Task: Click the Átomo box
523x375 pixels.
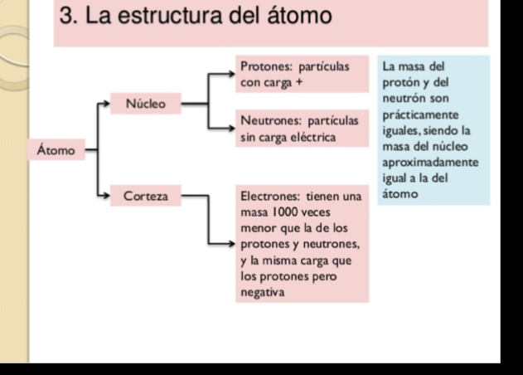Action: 56,150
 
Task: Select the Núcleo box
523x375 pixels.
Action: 146,104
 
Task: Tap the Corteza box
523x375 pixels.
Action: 146,196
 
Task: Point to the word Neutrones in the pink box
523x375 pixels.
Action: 271,120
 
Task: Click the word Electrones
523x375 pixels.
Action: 270,196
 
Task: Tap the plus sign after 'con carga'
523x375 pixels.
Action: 299,82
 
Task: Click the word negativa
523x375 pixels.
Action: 263,293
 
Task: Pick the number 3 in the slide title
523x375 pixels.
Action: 66,16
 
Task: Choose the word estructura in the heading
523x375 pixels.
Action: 169,16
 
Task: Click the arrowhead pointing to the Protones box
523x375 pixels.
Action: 232,74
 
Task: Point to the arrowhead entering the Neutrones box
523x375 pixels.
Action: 232,129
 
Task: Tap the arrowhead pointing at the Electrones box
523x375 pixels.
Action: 232,244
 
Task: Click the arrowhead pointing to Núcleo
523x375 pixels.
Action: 106,104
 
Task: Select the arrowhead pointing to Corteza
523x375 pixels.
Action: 106,195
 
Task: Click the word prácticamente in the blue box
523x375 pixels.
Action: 420,115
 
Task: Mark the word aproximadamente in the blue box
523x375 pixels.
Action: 430,163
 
